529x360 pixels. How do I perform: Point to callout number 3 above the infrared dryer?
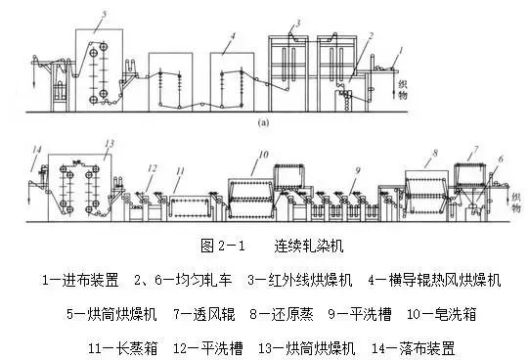(x=297, y=22)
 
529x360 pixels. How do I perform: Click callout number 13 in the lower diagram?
(x=110, y=143)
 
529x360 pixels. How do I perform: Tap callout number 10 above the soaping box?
(x=263, y=155)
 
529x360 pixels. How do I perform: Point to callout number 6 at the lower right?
(x=500, y=159)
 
